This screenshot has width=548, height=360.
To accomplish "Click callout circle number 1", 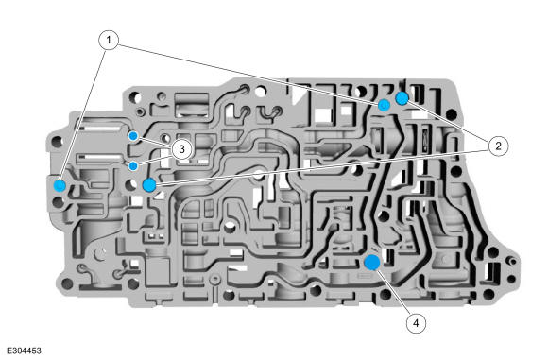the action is [x=109, y=41].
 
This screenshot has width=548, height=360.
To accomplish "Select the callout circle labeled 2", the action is [x=498, y=146].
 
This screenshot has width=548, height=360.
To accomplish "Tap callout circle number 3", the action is [x=181, y=149].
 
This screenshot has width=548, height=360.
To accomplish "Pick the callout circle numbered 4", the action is [x=416, y=323].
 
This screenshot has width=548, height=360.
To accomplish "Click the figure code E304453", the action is [x=24, y=351].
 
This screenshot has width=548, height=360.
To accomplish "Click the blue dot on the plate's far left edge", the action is [x=60, y=185].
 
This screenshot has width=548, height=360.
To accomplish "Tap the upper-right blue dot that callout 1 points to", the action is [x=385, y=105].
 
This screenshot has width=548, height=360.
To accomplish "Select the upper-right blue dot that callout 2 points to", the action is [x=402, y=98].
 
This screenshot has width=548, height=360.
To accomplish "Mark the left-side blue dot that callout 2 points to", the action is [x=149, y=184].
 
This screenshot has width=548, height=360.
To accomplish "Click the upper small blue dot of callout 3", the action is [x=133, y=136].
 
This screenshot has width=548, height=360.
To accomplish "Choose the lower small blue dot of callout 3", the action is [x=133, y=165].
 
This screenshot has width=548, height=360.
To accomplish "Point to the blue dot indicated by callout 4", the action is [x=372, y=262].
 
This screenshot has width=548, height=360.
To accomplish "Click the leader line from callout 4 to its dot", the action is [x=394, y=293].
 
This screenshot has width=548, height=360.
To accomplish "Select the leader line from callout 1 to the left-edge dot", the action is [x=83, y=114].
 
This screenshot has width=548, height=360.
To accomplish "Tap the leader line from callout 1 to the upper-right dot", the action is [x=248, y=73].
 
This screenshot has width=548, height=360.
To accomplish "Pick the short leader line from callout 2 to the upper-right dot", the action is [x=449, y=121].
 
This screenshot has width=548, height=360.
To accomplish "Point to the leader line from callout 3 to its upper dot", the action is [x=155, y=143].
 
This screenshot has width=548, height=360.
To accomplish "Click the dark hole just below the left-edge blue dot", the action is [x=58, y=202].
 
